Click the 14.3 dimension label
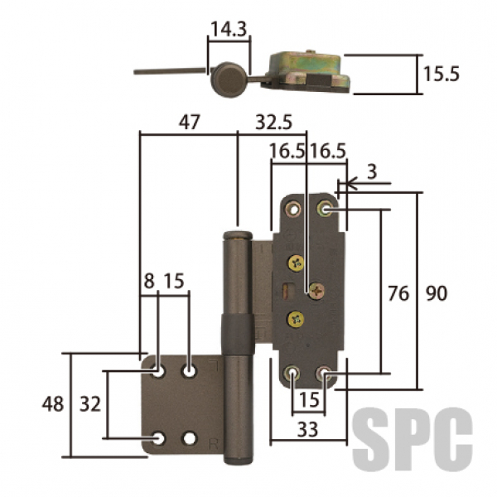[x=229, y=29]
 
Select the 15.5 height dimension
[x=442, y=75]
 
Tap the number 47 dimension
[x=189, y=122]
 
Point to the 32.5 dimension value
[x=274, y=122]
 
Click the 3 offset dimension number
[x=372, y=171]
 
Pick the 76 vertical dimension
[x=398, y=293]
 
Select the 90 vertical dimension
[x=437, y=293]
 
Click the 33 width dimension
[x=307, y=429]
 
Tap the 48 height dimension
[x=53, y=404]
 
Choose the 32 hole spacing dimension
[x=90, y=404]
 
